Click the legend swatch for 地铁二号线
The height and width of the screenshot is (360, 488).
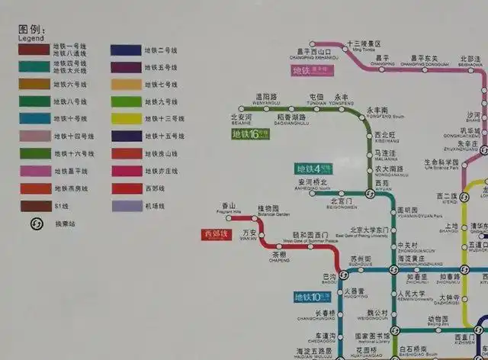[x=126, y=50]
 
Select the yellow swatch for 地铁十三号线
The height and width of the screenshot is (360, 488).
[x=126, y=118]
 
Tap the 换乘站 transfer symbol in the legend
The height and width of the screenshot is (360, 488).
[x=35, y=223]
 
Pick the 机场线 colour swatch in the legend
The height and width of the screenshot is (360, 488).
[x=126, y=205]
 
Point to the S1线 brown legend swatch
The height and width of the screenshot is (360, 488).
[x=35, y=205]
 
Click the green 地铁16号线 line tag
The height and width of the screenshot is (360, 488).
[x=250, y=134]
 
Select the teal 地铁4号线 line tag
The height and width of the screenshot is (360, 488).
[x=313, y=168]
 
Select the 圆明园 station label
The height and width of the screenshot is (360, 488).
[x=409, y=210]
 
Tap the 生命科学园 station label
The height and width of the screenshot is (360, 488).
[x=441, y=162]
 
